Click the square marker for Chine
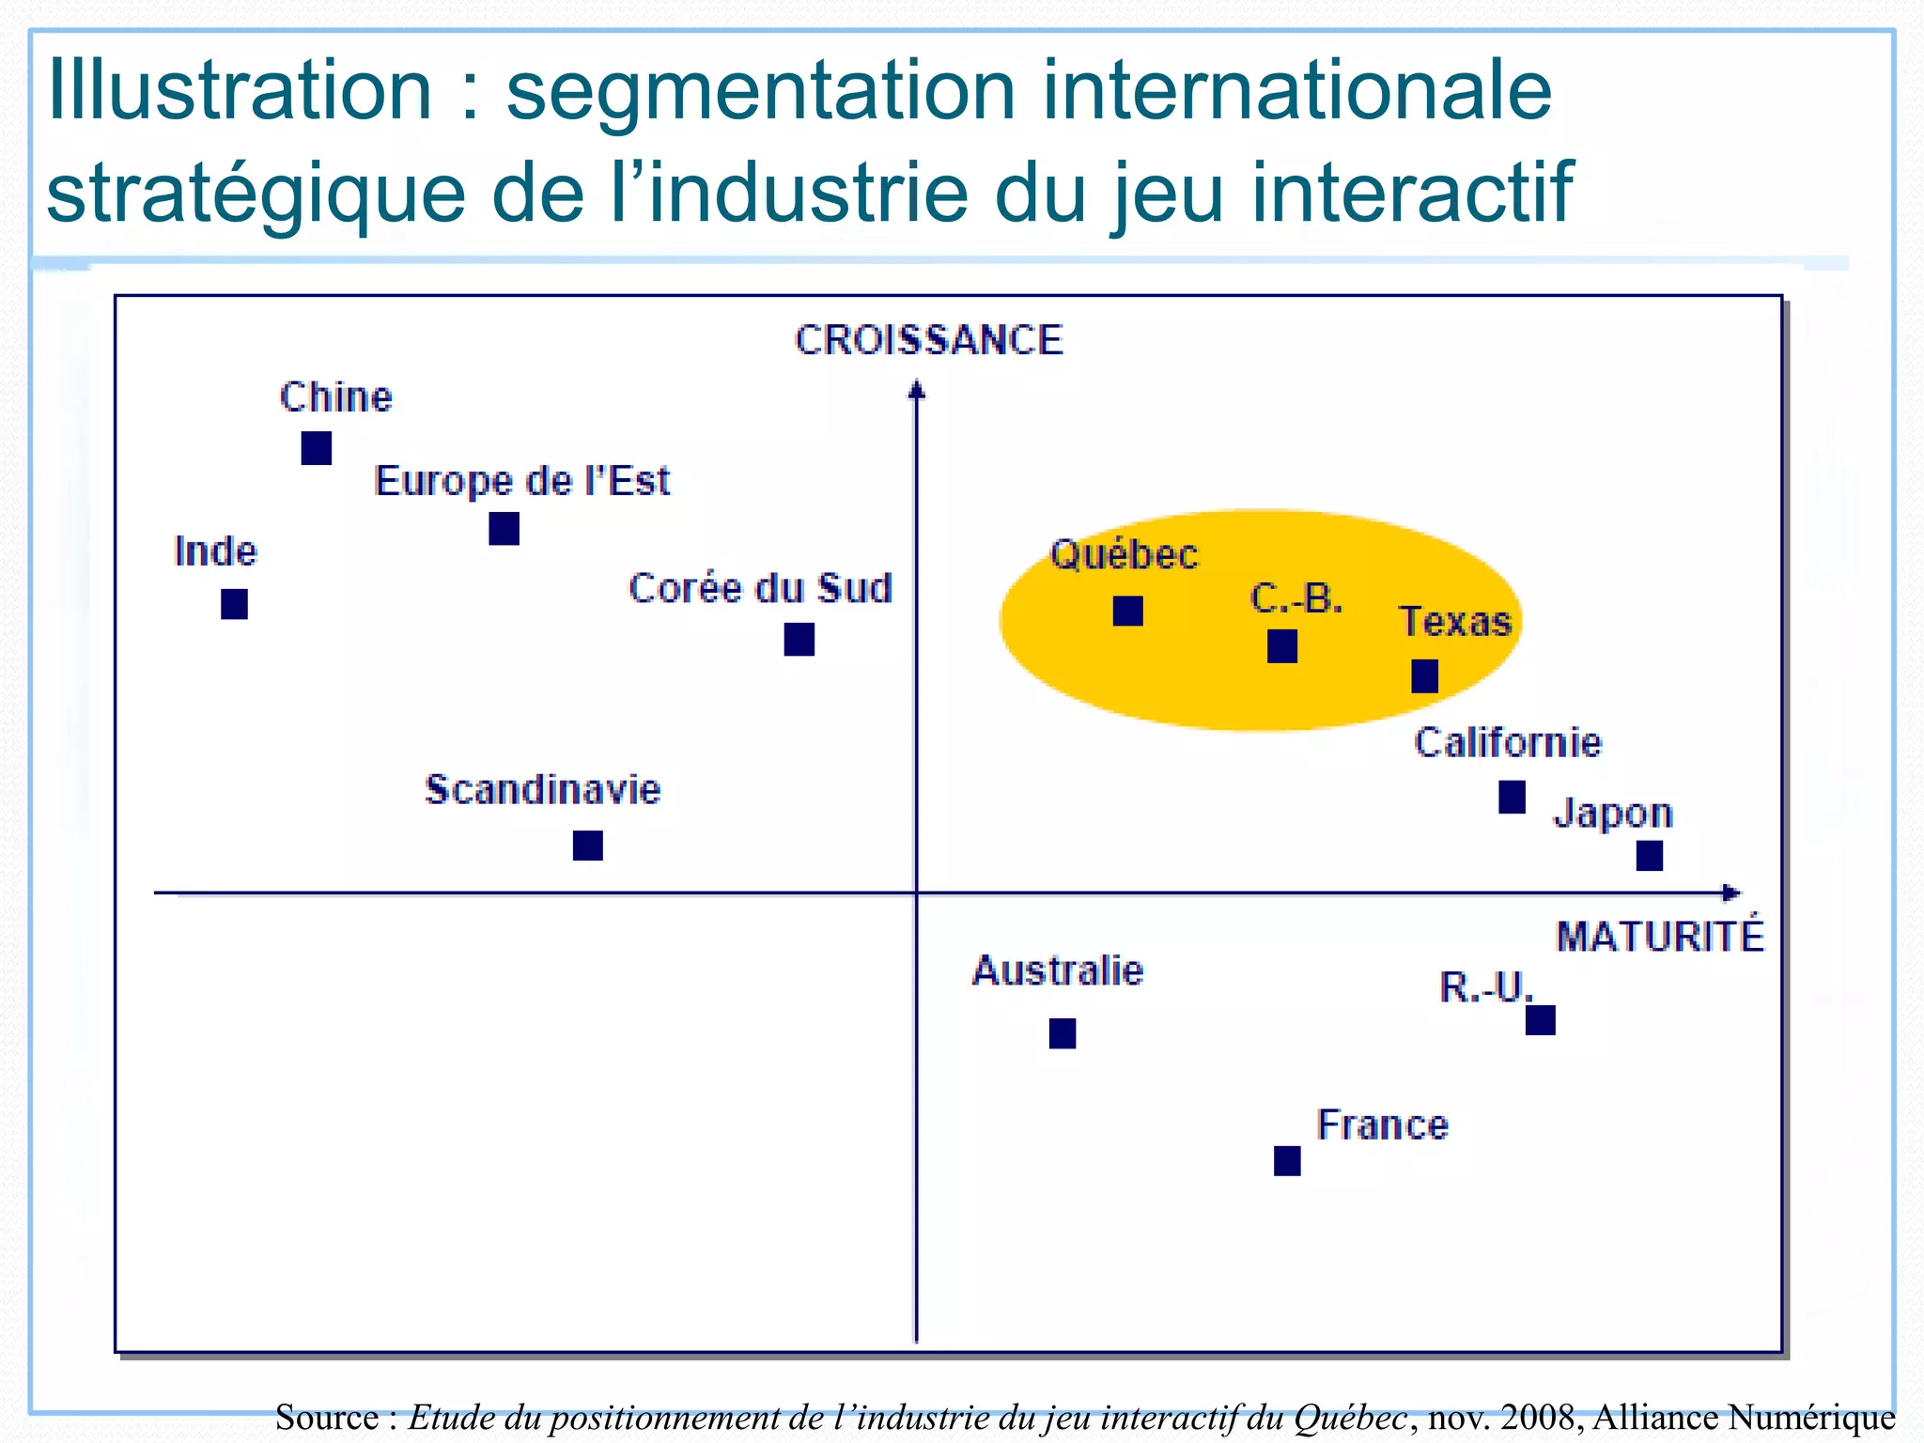[317, 448]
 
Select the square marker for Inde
[234, 604]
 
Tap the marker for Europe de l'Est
[504, 529]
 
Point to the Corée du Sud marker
[799, 640]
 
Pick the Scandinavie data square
[588, 846]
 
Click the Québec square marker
[1128, 612]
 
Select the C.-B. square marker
[1282, 646]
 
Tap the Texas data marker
[1425, 676]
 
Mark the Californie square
[1513, 798]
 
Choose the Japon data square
[1650, 856]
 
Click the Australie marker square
[1063, 1033]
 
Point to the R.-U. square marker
[1541, 1020]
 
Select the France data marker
[1288, 1161]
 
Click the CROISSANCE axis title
[928, 340]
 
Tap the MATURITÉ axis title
[1660, 938]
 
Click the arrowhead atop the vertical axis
[917, 388]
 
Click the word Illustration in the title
[240, 90]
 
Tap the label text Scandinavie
[543, 789]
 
